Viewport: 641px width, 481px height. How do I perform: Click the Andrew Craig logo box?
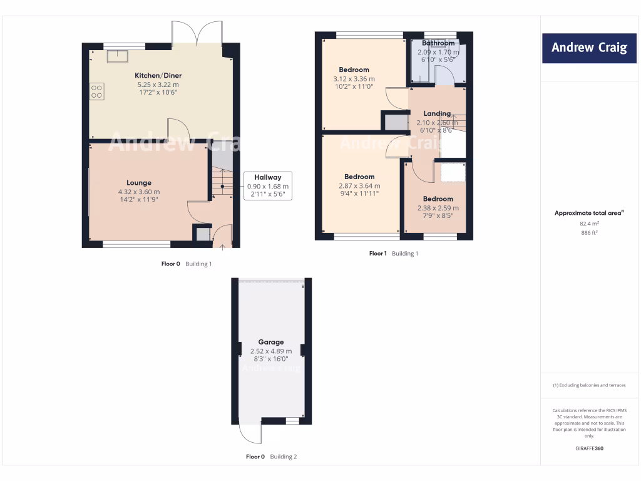[588, 48]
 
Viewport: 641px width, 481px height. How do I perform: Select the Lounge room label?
[139, 183]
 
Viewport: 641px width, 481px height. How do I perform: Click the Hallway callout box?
[267, 186]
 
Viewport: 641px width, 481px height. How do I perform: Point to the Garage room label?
[271, 343]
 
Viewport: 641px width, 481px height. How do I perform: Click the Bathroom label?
[438, 43]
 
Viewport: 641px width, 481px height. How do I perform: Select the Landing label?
[437, 113]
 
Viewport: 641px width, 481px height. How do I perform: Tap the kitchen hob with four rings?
[96, 92]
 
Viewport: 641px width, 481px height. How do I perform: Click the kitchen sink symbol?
[116, 56]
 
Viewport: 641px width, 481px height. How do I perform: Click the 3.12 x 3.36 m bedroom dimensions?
[354, 79]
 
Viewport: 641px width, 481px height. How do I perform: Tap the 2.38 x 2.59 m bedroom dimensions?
[438, 208]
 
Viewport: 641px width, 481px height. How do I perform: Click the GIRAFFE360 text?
[589, 448]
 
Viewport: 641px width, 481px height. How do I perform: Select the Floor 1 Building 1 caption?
[393, 254]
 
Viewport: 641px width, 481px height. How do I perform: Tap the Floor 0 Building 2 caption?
[271, 457]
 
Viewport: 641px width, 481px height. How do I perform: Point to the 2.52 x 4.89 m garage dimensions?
[271, 351]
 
